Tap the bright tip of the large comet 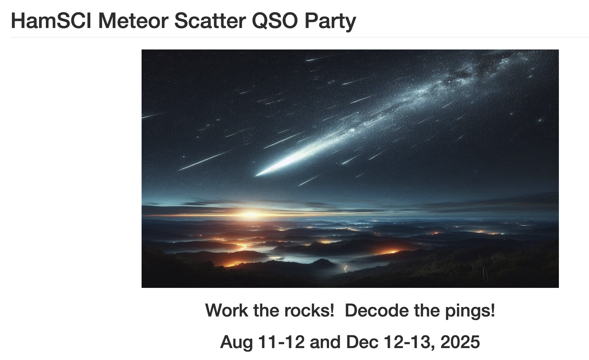click(x=257, y=175)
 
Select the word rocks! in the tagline click(x=309, y=310)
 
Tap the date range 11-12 click(x=281, y=342)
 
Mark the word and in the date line click(x=325, y=342)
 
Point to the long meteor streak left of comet click(x=205, y=160)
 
